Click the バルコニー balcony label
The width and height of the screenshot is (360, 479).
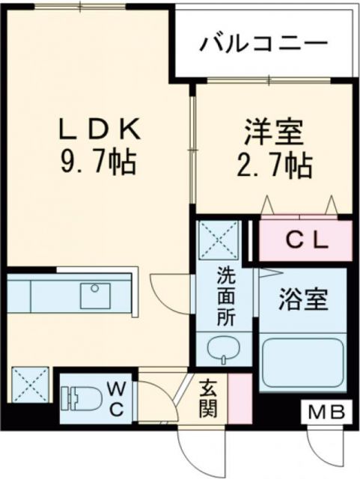tap(263, 43)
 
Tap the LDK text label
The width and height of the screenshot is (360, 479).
tap(100, 130)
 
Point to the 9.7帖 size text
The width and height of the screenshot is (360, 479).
tap(100, 160)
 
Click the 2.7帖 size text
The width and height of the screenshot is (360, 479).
tap(274, 166)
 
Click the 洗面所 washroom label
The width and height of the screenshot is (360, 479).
tap(226, 295)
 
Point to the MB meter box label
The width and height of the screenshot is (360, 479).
tap(328, 411)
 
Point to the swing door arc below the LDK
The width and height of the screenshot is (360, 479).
tap(166, 288)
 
